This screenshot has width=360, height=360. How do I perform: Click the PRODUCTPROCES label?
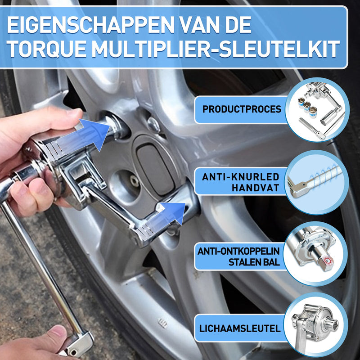(242, 109)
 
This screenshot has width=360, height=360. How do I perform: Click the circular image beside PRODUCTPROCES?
(318, 109)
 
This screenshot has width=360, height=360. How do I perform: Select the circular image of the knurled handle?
(317, 182)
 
